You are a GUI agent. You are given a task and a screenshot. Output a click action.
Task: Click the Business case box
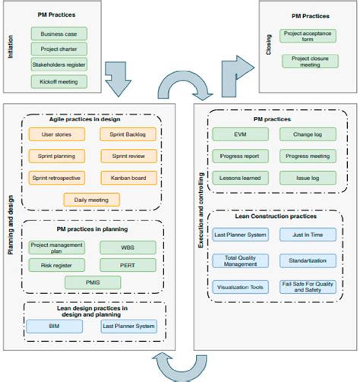[59, 33]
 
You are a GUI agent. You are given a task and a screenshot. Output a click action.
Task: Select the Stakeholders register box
[59, 65]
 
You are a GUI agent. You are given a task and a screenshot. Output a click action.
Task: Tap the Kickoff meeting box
[59, 81]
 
